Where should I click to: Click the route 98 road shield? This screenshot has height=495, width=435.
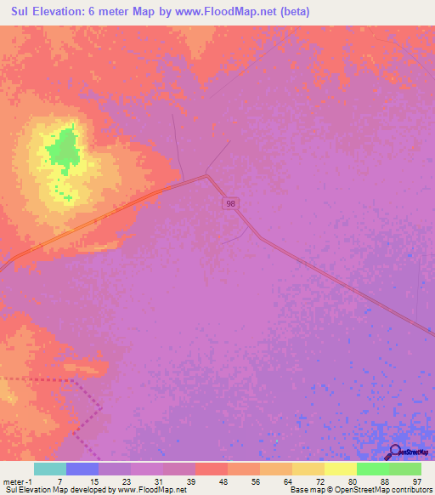pyautogui.click(x=230, y=203)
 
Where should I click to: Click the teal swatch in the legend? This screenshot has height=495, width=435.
pyautogui.click(x=50, y=469)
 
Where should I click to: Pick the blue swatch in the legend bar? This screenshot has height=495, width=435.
pyautogui.click(x=82, y=469)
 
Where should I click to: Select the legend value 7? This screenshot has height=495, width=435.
pyautogui.click(x=59, y=481)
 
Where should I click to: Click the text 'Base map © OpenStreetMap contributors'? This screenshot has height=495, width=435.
pyautogui.click(x=359, y=490)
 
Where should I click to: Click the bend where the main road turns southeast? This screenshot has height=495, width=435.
pyautogui.click(x=206, y=177)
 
